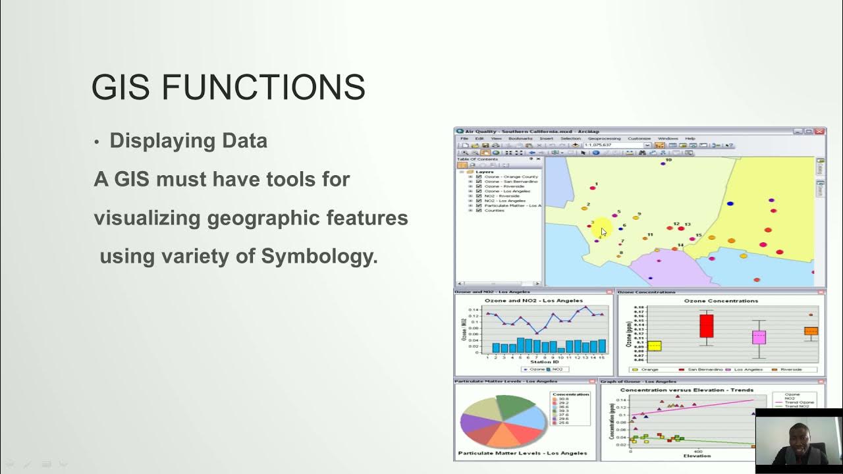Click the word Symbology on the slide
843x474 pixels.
pos(319,255)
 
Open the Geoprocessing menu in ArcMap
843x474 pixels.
pos(604,138)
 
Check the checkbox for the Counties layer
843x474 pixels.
pos(478,210)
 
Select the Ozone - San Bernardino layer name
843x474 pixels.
pos(512,182)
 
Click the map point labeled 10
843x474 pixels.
pos(663,163)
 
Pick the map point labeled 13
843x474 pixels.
pos(682,229)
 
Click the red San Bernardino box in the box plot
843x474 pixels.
pos(706,326)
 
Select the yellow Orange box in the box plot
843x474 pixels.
pos(654,346)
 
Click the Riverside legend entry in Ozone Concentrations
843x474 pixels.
pos(790,370)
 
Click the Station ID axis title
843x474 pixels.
pos(545,362)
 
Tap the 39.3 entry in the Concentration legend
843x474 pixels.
pos(563,411)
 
